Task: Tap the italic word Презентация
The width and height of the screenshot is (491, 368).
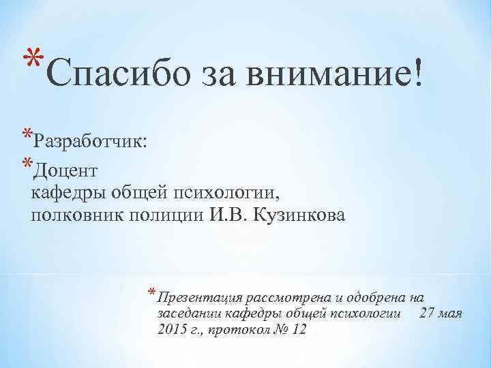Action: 199,296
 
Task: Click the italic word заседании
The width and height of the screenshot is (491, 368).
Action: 189,313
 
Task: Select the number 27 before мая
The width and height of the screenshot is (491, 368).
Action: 428,313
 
